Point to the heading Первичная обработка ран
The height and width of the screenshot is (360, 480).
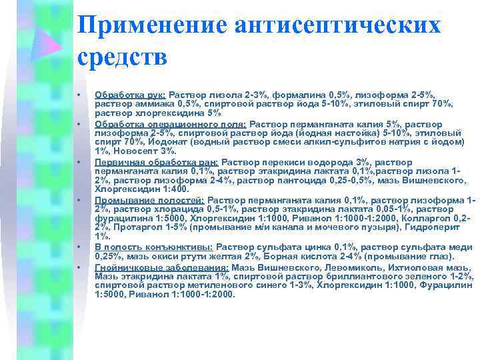(156, 161)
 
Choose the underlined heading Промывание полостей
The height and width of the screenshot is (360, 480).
(149, 199)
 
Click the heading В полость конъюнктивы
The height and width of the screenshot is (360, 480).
(153, 247)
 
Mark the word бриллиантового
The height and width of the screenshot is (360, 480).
(343, 275)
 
